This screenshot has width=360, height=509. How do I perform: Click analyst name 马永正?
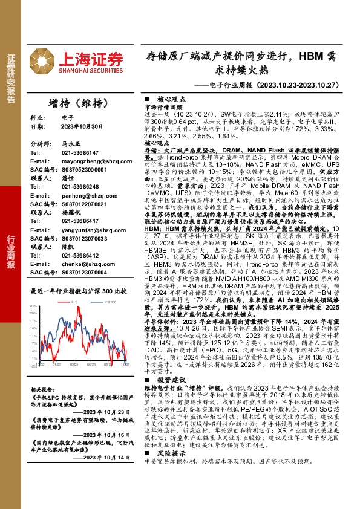(x=71, y=145)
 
